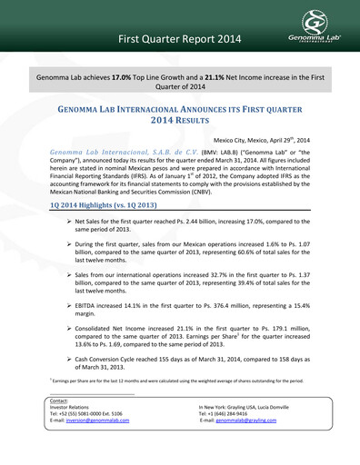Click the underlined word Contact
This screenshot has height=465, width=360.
[60, 425]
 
